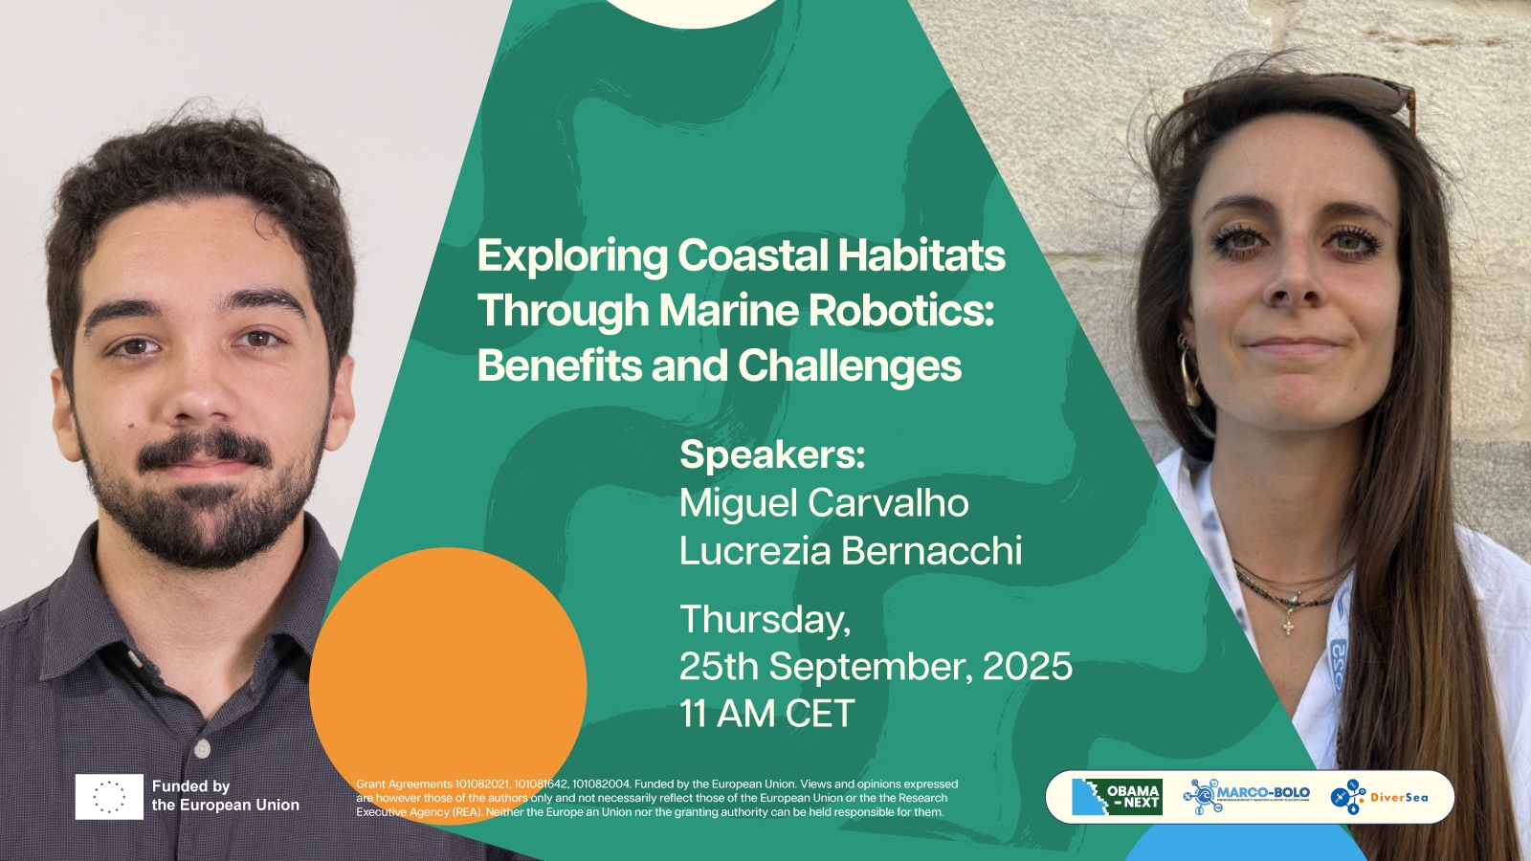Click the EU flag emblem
(x=109, y=796)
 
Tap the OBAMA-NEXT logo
(x=1117, y=797)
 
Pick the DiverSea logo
(x=1379, y=797)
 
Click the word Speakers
(x=772, y=454)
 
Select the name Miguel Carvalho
(x=824, y=503)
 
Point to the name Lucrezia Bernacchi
(x=851, y=551)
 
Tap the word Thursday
(x=765, y=620)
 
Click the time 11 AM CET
(x=766, y=714)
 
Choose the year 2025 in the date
(x=1028, y=666)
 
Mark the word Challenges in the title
(x=850, y=366)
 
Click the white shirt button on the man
(x=202, y=749)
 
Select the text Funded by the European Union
(x=226, y=796)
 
